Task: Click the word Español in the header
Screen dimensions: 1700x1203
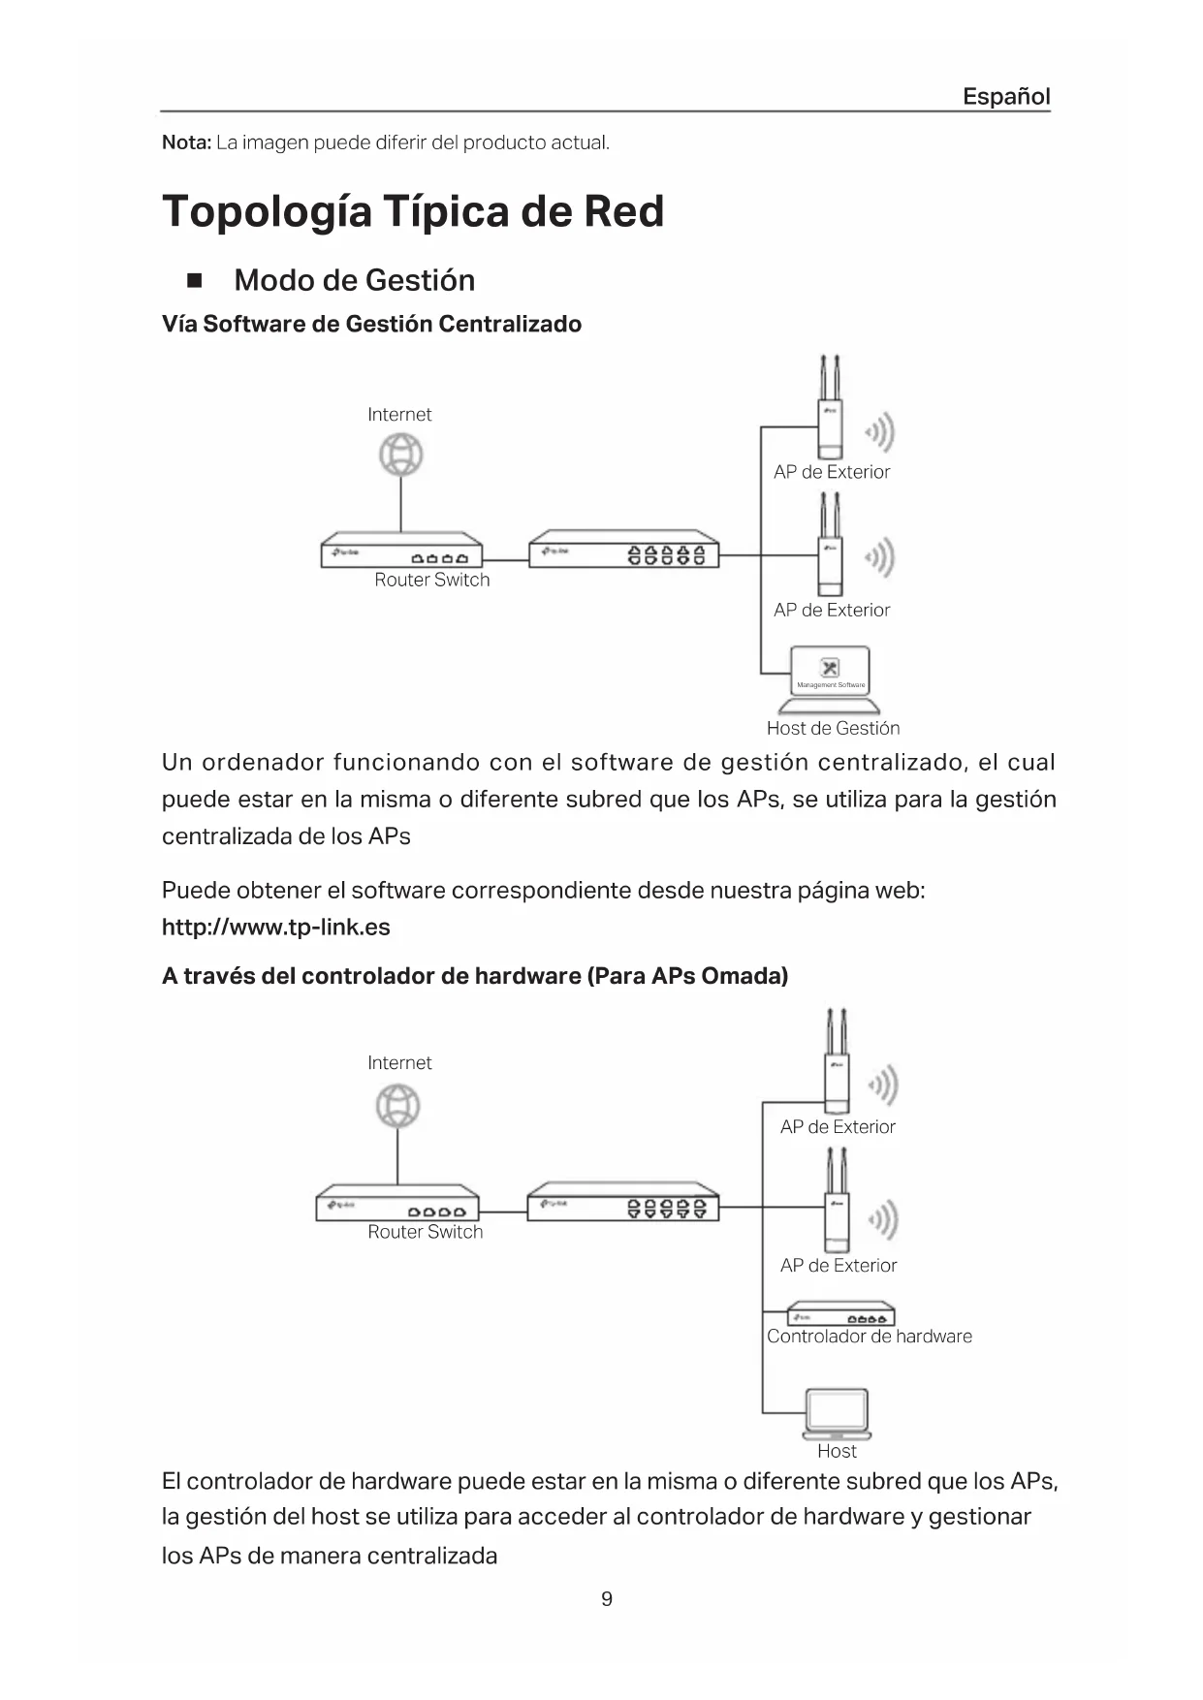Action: [x=1005, y=96]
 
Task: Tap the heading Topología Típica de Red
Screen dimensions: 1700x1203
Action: [x=413, y=211]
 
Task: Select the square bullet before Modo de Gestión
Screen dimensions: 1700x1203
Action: [x=194, y=281]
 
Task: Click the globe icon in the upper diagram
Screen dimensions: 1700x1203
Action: [x=400, y=455]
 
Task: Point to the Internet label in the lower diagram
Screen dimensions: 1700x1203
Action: [x=399, y=1062]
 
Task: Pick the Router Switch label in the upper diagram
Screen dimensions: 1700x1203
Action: [x=431, y=580]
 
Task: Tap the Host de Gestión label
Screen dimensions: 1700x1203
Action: [x=833, y=728]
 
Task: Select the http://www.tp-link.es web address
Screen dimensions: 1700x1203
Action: [x=275, y=927]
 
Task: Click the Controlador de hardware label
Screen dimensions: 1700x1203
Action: [x=869, y=1336]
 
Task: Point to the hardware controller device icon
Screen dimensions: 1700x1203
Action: [x=839, y=1314]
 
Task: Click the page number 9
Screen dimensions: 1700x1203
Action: [x=607, y=1598]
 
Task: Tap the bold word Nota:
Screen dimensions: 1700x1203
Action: [x=186, y=142]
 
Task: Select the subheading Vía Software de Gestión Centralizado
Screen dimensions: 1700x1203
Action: [x=371, y=324]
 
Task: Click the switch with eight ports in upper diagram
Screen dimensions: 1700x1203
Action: [x=623, y=550]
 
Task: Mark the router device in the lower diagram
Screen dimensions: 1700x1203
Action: [x=397, y=1203]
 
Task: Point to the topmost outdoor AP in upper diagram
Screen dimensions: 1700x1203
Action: [x=829, y=417]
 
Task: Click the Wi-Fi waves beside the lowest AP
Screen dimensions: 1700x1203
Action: [x=882, y=1219]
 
